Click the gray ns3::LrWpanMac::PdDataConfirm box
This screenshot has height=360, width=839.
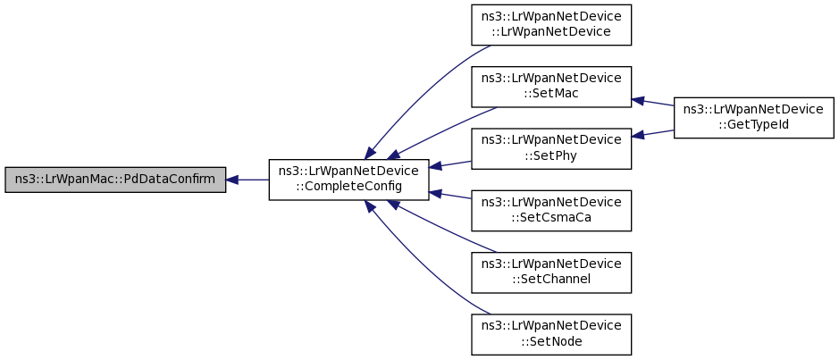pos(115,180)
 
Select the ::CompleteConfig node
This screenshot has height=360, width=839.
pos(348,180)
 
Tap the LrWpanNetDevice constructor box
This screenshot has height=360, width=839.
pos(551,25)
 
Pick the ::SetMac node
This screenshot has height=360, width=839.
pos(551,87)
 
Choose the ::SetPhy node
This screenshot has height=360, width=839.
pos(551,148)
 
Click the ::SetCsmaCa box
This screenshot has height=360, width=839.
pos(551,211)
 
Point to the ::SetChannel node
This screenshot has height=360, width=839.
pos(551,272)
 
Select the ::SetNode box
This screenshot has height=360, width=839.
pos(551,334)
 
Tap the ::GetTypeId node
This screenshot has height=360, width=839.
pos(754,118)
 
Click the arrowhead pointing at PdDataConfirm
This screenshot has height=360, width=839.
pos(231,180)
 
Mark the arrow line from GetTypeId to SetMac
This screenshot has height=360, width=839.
pos(653,102)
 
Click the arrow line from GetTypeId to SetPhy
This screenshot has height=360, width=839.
pos(653,133)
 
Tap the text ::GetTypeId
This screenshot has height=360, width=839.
pos(754,124)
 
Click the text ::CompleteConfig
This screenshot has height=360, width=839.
pos(348,186)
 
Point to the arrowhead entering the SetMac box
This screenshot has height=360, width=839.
pos(638,100)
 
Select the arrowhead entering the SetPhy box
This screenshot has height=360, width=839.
pos(638,136)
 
